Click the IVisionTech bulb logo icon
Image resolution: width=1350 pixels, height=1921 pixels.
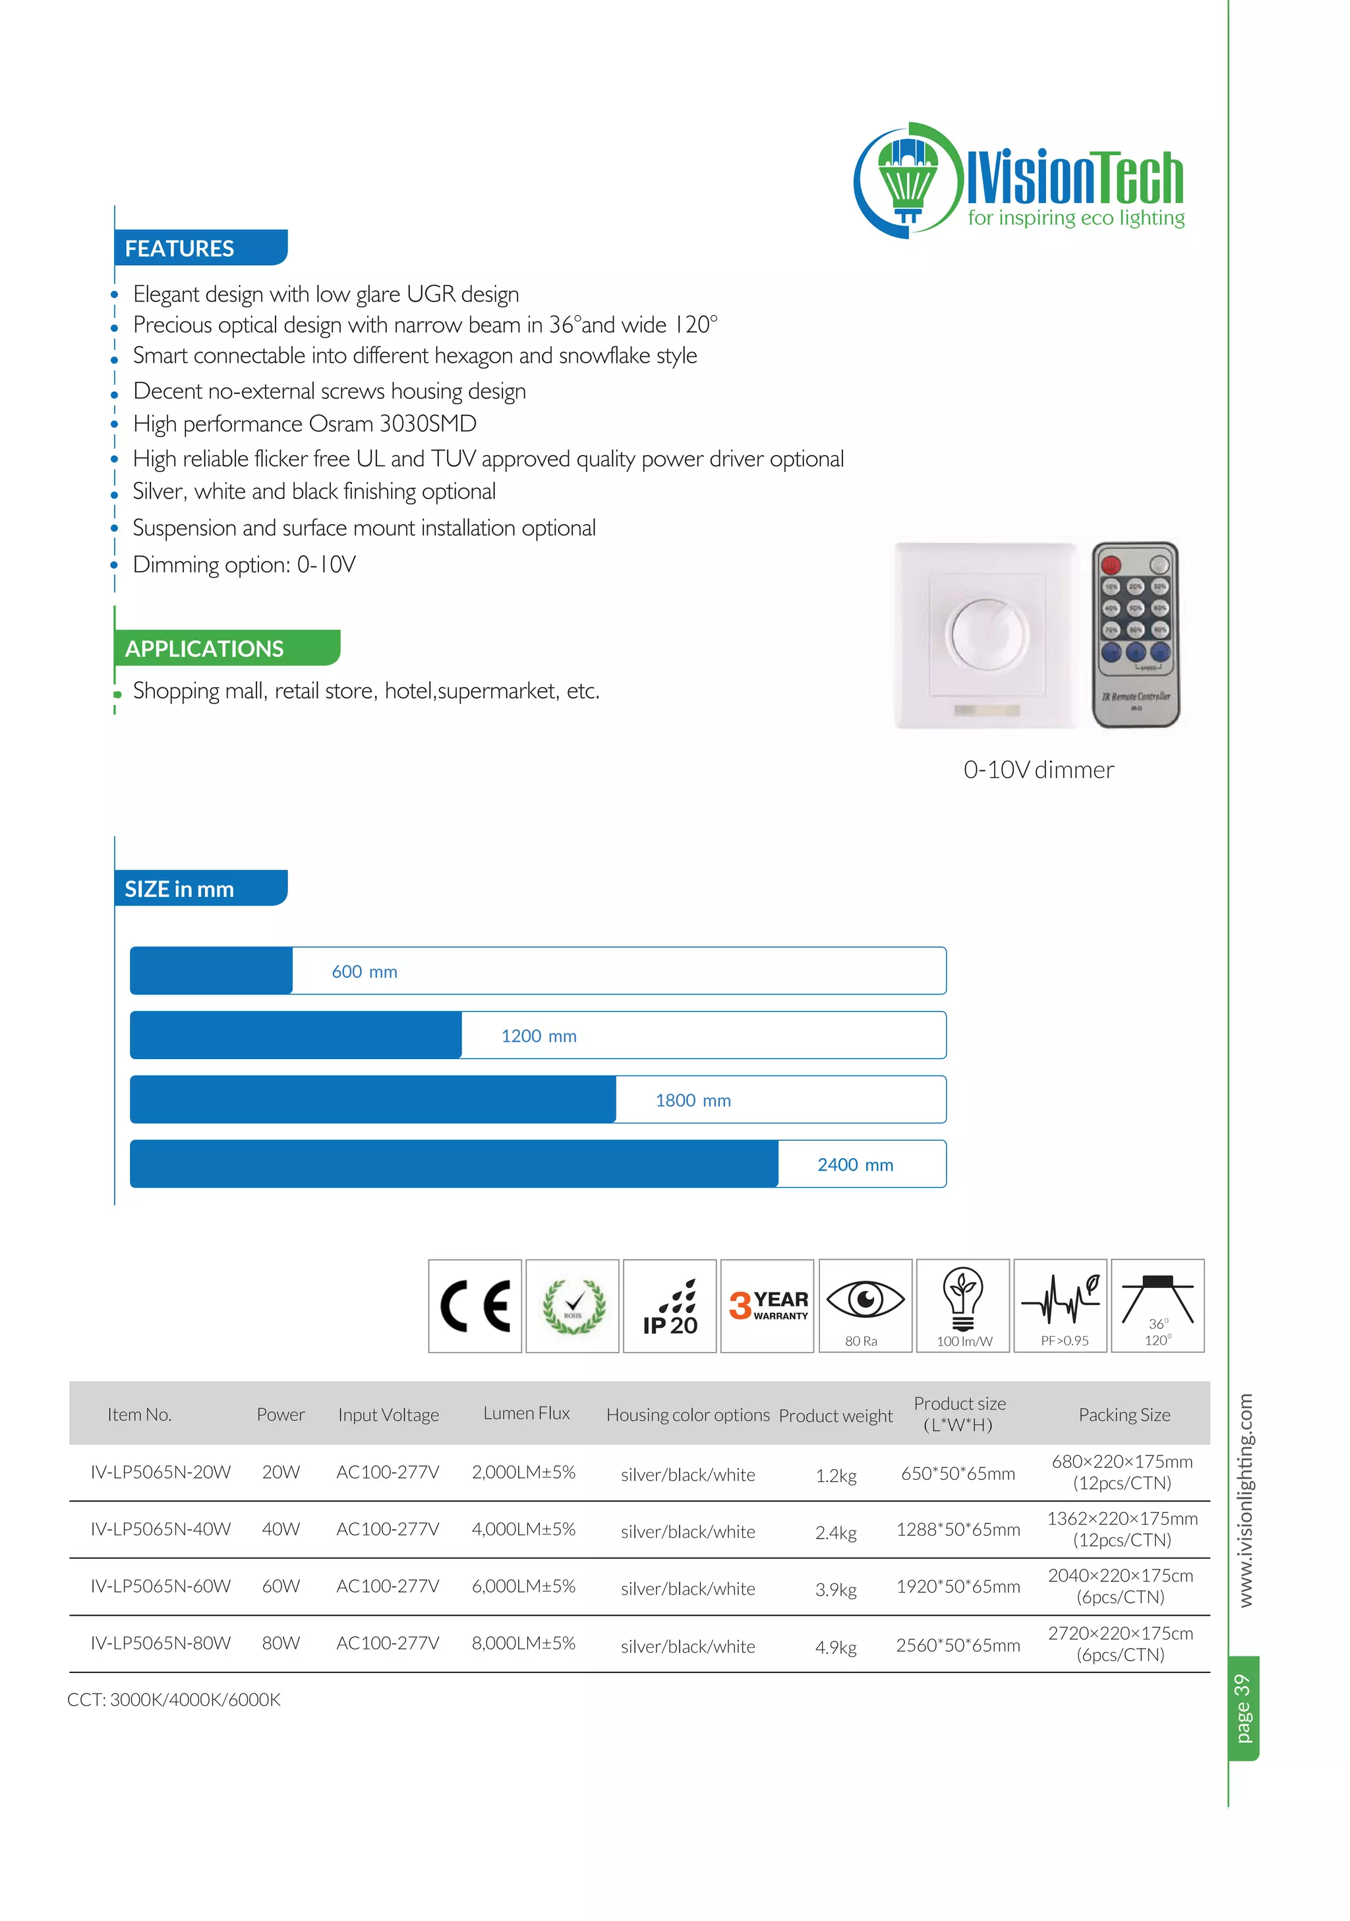[x=908, y=179]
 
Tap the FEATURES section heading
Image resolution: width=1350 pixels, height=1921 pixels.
[x=180, y=249]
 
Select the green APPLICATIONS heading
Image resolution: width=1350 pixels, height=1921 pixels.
[x=205, y=648]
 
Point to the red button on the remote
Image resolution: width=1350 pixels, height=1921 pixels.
[x=1110, y=564]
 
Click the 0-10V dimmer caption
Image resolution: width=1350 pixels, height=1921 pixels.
[x=1038, y=770]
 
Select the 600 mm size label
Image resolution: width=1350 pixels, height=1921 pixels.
[x=365, y=971]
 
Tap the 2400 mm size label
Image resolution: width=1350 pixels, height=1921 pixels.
[x=855, y=1165]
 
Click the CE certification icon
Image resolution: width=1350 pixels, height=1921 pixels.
[x=475, y=1305]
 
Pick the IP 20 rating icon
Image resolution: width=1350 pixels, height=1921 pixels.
[x=670, y=1305]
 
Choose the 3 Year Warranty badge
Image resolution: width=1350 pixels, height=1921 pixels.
[x=767, y=1305]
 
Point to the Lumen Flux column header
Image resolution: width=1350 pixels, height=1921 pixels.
[x=526, y=1413]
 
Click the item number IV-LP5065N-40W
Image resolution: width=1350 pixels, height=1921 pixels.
[x=161, y=1529]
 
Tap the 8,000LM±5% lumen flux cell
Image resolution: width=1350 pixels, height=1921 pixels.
[x=523, y=1643]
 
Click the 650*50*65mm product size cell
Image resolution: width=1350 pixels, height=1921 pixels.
[x=958, y=1473]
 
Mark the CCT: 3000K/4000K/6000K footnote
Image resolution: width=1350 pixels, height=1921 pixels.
[x=174, y=1699]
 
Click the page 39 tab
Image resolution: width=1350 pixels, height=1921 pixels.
[x=1243, y=1707]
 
